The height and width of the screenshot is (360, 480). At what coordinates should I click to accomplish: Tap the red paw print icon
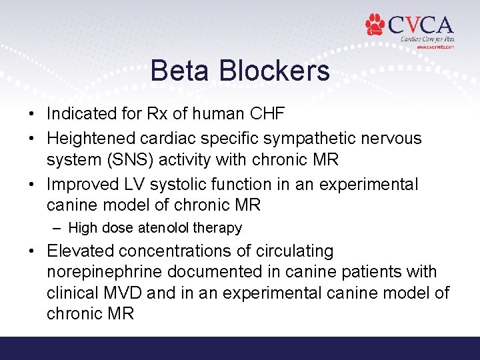point(375,25)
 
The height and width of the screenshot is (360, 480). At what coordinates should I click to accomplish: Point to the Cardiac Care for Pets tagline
point(427,39)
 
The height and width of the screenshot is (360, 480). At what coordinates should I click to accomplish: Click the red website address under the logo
point(435,47)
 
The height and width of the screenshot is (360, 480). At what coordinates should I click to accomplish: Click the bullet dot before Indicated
point(31,114)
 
